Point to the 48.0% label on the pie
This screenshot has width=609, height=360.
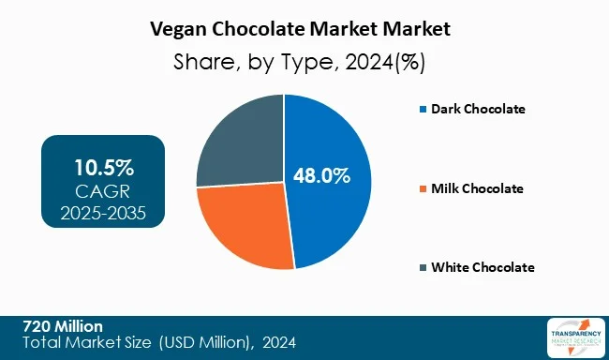320,175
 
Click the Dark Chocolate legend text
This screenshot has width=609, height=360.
478,109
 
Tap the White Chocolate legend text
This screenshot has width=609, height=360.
482,267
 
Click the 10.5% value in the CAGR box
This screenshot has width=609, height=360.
104,169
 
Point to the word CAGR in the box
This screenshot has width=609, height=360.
104,191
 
